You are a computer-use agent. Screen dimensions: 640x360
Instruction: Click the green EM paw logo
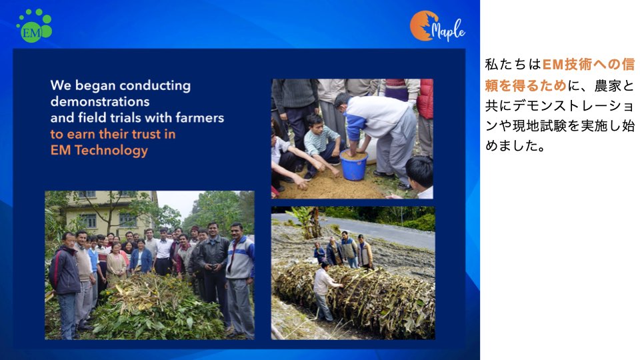(34, 26)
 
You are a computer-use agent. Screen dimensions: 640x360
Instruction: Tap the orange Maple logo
(437, 26)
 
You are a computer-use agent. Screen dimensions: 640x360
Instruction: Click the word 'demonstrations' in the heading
(100, 101)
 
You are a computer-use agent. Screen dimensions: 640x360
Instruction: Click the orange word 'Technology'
(111, 151)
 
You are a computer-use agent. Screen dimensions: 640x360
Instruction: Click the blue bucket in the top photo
(353, 165)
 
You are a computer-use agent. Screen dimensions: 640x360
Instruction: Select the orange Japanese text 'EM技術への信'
(588, 65)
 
